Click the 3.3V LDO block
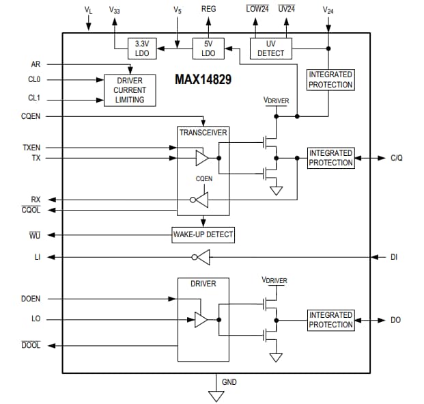pyautogui.click(x=142, y=49)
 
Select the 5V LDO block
pyautogui.click(x=208, y=49)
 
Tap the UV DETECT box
pyautogui.click(x=270, y=49)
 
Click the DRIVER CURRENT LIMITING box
pyautogui.click(x=130, y=90)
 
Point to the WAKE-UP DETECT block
pyautogui.click(x=203, y=234)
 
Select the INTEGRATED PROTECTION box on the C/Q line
pyautogui.click(x=330, y=158)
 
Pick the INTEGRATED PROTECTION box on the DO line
pyautogui.click(x=330, y=320)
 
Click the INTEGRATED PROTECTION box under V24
pyautogui.click(x=330, y=79)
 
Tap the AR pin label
pyautogui.click(x=36, y=64)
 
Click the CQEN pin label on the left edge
pyautogui.click(x=31, y=116)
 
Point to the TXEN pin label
pyautogui.click(x=31, y=147)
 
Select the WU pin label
pyautogui.click(x=35, y=235)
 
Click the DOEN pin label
pyautogui.click(x=31, y=299)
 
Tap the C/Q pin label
pyautogui.click(x=397, y=158)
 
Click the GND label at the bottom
pyautogui.click(x=229, y=381)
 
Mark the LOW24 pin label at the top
pyautogui.click(x=257, y=10)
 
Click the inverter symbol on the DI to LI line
pyautogui.click(x=201, y=257)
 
